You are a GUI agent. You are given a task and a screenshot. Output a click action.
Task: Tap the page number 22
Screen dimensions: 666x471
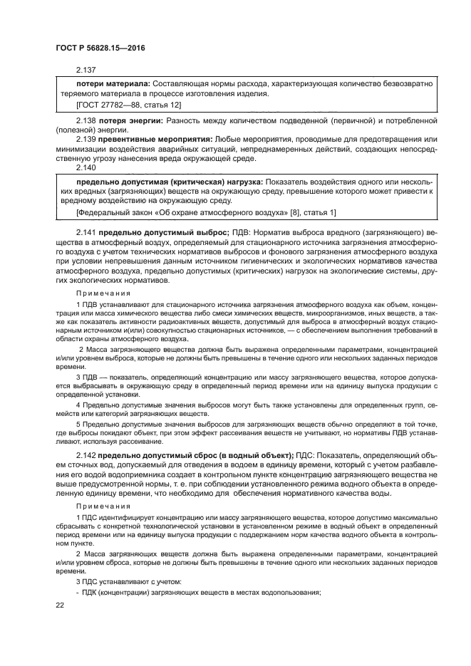coord(60,605)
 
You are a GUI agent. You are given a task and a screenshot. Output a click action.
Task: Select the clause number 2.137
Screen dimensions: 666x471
coord(86,70)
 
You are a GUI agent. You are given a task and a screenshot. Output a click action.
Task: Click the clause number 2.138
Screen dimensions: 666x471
coord(86,123)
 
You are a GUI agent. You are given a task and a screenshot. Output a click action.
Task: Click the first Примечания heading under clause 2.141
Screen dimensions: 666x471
coord(104,292)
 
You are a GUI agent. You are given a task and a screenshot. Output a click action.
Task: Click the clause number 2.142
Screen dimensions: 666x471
coord(86,454)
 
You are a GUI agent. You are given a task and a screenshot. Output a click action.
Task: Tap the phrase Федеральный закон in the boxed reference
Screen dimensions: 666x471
coord(108,212)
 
